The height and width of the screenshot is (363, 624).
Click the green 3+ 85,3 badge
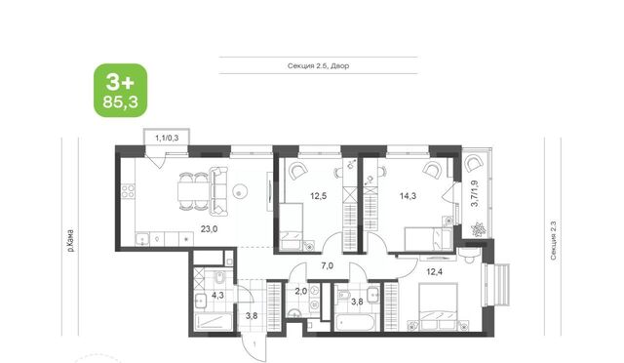point(121,91)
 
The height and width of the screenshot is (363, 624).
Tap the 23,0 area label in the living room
point(209,228)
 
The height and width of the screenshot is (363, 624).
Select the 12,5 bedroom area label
point(319,195)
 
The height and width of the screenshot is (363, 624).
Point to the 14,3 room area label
point(408,195)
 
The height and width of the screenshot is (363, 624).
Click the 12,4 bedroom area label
point(435,272)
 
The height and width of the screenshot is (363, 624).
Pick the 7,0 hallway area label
point(328,265)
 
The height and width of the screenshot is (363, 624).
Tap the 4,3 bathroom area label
point(217,296)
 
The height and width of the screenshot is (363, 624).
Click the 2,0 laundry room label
point(301,291)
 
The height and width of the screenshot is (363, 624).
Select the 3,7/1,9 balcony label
point(475,193)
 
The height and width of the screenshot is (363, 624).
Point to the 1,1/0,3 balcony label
point(167,139)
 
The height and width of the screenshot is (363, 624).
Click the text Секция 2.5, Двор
point(319,65)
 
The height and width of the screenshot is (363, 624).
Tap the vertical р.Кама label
point(70,241)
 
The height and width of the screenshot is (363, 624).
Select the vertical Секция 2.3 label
point(553,241)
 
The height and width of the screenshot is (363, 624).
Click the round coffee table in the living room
point(239,192)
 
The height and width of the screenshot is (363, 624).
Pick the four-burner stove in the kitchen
point(128,191)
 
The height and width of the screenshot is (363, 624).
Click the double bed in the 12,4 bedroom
point(438,307)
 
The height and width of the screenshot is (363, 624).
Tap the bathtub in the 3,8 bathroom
point(355,322)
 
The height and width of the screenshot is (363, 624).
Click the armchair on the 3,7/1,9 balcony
point(474,164)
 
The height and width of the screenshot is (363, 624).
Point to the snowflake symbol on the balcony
point(477,229)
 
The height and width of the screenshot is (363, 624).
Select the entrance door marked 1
point(253,345)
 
